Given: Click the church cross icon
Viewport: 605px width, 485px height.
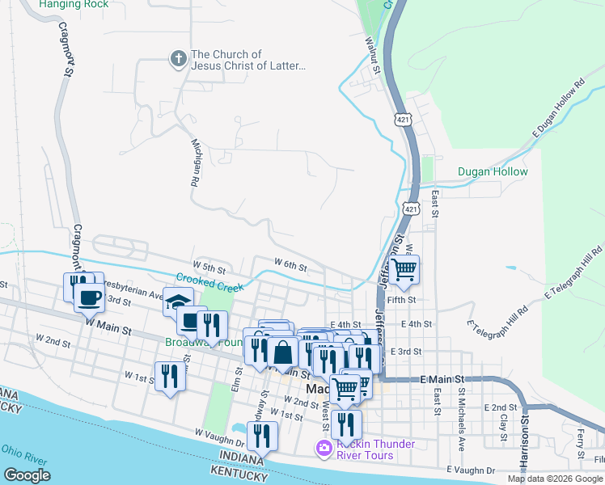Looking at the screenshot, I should click(x=178, y=58).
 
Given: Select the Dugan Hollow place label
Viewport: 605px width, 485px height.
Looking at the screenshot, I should click(x=493, y=171).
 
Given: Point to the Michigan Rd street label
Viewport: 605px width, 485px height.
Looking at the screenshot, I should click(x=195, y=162).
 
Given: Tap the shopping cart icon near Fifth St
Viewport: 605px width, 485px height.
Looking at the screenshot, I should click(x=404, y=270).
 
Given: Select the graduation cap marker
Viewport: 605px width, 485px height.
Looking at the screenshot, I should click(x=178, y=302).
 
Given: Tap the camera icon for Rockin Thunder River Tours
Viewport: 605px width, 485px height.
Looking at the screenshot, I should click(x=324, y=448).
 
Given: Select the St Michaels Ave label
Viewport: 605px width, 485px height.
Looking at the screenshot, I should click(x=461, y=421).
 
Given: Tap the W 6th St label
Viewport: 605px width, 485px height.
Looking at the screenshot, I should click(x=290, y=264).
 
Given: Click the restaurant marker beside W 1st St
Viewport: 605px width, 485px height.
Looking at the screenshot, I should click(x=169, y=377).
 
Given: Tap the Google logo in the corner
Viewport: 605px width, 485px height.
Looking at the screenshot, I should click(x=27, y=475).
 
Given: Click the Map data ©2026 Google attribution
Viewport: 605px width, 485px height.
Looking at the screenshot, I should click(x=554, y=479).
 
